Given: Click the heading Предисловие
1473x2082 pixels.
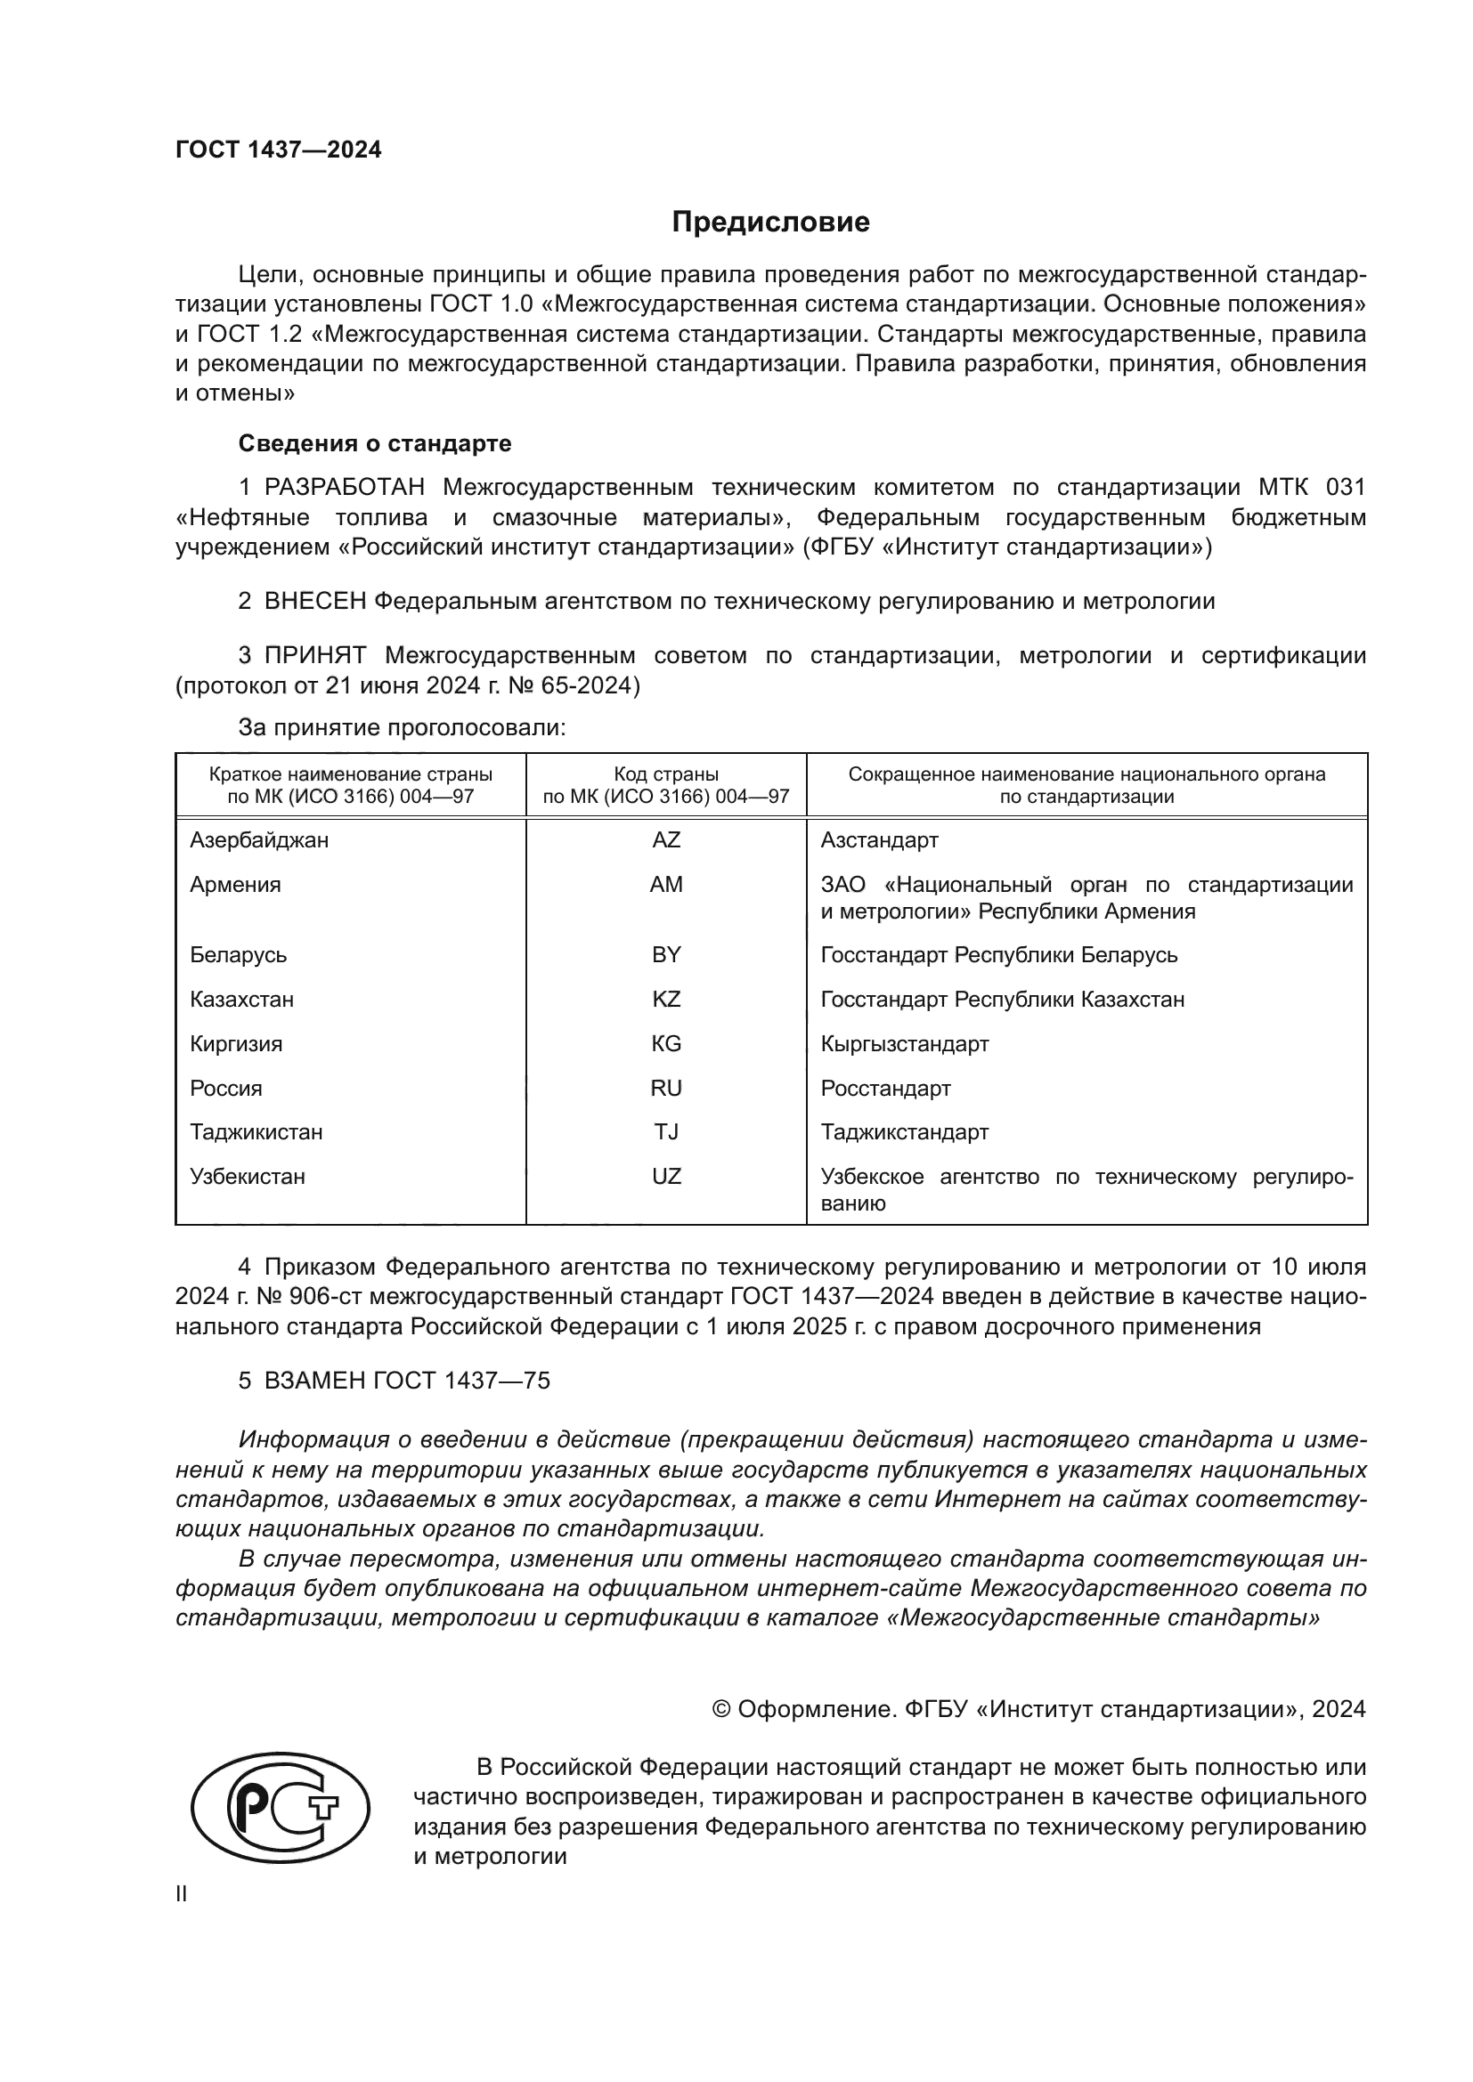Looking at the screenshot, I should (770, 223).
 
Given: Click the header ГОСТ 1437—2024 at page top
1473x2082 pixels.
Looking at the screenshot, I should (279, 150).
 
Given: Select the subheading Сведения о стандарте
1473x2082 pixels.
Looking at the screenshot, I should (375, 443).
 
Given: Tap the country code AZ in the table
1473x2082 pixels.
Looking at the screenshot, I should (666, 839).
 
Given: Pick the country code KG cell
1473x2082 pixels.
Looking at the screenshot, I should (666, 1044).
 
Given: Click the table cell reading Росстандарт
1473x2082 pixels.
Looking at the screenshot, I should (885, 1088).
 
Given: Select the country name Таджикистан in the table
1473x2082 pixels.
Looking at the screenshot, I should (256, 1132).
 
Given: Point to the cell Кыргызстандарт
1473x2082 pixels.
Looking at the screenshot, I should (904, 1044).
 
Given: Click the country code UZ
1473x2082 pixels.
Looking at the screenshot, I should (666, 1177).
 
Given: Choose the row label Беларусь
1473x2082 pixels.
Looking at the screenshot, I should (238, 955).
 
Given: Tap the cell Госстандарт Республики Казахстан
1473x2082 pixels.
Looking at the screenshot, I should (1002, 1000).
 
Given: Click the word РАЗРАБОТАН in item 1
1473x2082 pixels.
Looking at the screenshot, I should (344, 488).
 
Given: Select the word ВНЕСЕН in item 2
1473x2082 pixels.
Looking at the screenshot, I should (314, 601).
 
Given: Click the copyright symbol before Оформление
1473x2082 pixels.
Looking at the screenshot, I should (721, 1709).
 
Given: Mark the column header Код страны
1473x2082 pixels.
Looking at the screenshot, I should (666, 774).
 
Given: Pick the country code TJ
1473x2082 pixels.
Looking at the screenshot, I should (666, 1132).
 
